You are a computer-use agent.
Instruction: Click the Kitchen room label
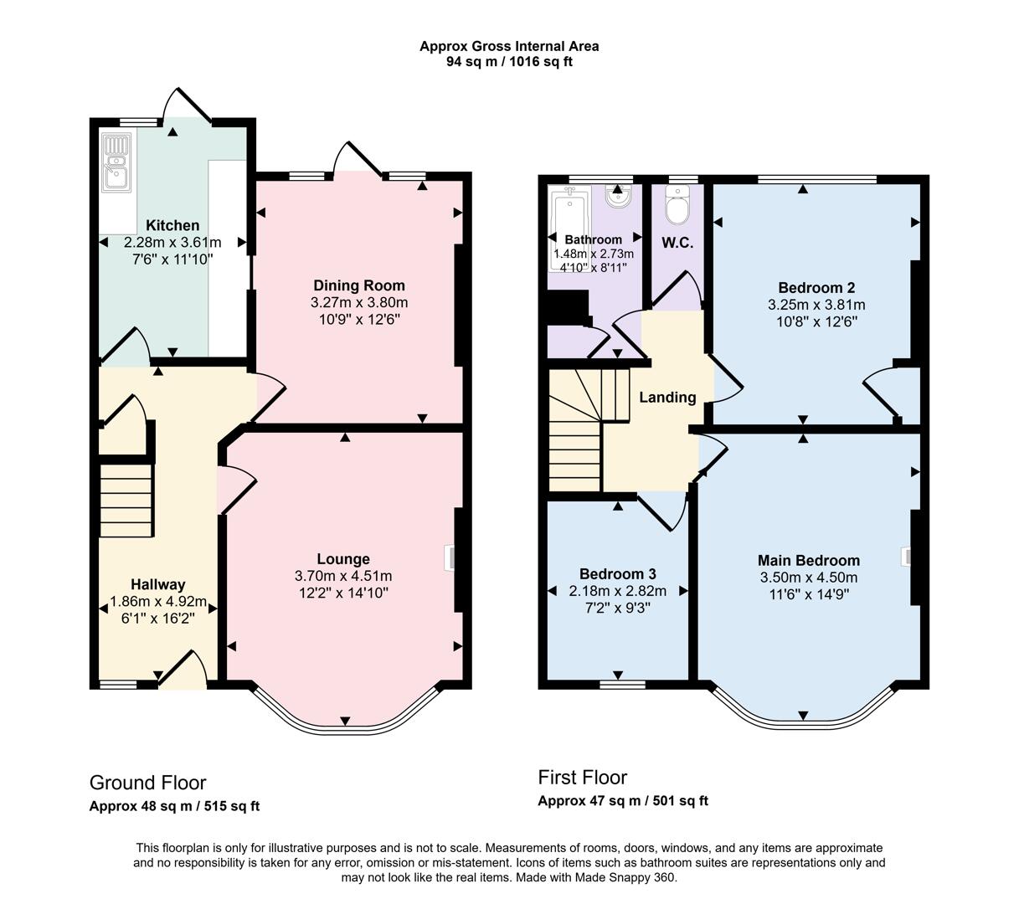pos(172,225)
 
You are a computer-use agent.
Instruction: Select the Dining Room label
pos(358,285)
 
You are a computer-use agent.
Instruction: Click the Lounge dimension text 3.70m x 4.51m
pos(343,576)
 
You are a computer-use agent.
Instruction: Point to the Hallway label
pos(157,584)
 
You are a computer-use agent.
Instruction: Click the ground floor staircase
pos(126,501)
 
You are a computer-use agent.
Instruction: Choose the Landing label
pos(667,397)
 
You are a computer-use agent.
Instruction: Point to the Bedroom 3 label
pos(617,573)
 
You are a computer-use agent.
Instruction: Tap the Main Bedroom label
pos(808,560)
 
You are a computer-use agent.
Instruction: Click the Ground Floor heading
pos(147,783)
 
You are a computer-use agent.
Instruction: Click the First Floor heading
pos(582,777)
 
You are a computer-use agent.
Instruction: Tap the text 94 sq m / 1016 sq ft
pos(509,61)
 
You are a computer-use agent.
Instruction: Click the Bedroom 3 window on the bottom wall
pos(622,684)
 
